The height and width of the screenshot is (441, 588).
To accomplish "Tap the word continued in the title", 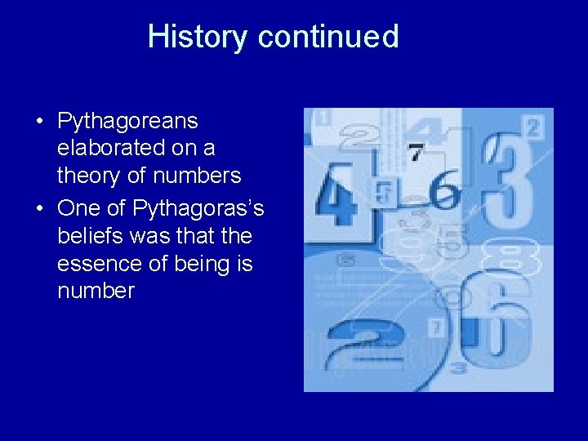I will pyautogui.click(x=328, y=37).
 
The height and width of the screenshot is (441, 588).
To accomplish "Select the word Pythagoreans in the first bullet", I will pyautogui.click(x=127, y=122).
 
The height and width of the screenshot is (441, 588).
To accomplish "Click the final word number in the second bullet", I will pyautogui.click(x=96, y=292).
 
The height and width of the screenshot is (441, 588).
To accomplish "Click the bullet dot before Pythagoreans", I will pyautogui.click(x=39, y=122).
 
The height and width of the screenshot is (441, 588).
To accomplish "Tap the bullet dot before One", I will pyautogui.click(x=39, y=209).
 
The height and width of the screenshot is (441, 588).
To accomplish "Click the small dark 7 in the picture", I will pyautogui.click(x=416, y=153).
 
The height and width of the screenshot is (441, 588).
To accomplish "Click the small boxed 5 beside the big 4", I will pyautogui.click(x=382, y=192).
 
